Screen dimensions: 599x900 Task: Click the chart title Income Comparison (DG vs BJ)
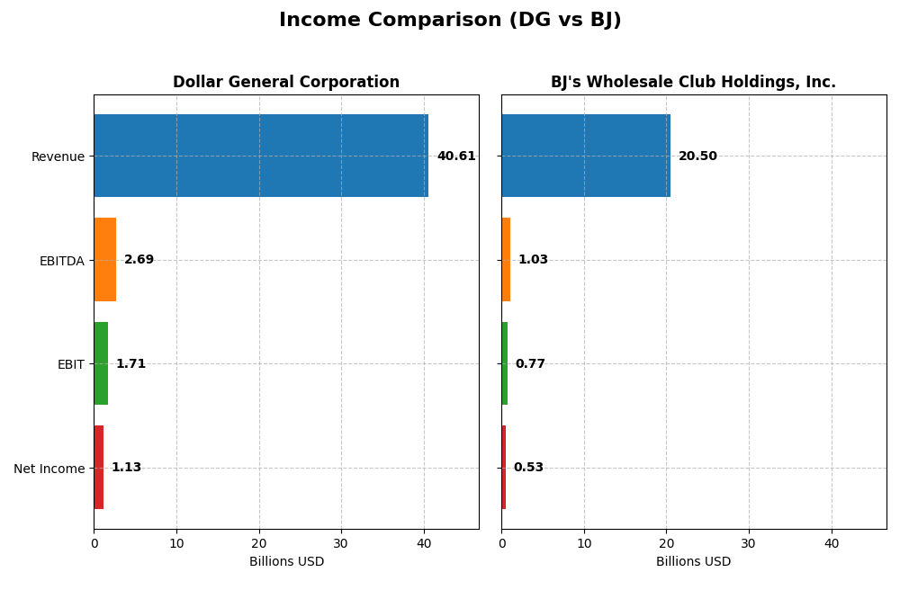click(450, 20)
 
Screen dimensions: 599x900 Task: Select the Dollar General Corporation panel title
click(286, 83)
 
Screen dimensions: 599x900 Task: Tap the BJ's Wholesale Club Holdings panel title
click(693, 83)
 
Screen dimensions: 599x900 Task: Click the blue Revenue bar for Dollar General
click(261, 156)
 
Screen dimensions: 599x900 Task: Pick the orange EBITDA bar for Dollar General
click(105, 260)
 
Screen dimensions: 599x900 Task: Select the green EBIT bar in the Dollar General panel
click(101, 363)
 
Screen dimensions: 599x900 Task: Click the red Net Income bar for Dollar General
click(99, 468)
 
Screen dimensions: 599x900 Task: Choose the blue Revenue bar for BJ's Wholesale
click(586, 156)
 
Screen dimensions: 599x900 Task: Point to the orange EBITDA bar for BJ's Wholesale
click(506, 260)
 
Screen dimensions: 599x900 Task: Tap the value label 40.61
click(456, 156)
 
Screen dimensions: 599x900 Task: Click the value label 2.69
click(139, 260)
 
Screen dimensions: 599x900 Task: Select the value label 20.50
click(697, 156)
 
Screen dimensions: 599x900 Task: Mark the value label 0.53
click(528, 468)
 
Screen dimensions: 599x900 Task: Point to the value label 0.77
click(530, 364)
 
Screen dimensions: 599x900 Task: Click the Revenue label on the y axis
click(58, 157)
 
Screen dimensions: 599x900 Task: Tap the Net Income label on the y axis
click(49, 469)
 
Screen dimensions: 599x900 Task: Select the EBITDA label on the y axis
click(62, 261)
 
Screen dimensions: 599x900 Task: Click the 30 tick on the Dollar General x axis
click(341, 543)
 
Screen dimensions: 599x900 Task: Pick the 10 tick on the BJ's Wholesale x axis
click(584, 543)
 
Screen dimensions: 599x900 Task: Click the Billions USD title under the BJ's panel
click(693, 562)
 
